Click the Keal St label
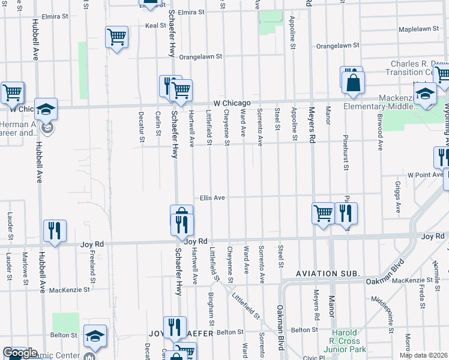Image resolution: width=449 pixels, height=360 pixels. coord(155,26)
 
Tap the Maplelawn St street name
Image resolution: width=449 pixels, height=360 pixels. coord(418,29)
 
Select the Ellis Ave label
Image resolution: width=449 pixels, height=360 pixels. coord(212,197)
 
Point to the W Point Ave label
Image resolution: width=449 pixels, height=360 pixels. coord(424,175)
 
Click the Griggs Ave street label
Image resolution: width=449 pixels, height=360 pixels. coord(398,197)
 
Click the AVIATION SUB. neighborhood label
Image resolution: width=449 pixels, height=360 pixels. coord(327,274)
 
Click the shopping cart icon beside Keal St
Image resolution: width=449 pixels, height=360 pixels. coord(117,37)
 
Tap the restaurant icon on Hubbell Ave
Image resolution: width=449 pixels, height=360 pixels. coord(55,230)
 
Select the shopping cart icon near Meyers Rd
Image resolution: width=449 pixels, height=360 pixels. coord(323,213)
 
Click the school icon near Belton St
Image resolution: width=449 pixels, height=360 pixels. coord(95,336)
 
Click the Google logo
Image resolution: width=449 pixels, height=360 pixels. coord(20,353)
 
